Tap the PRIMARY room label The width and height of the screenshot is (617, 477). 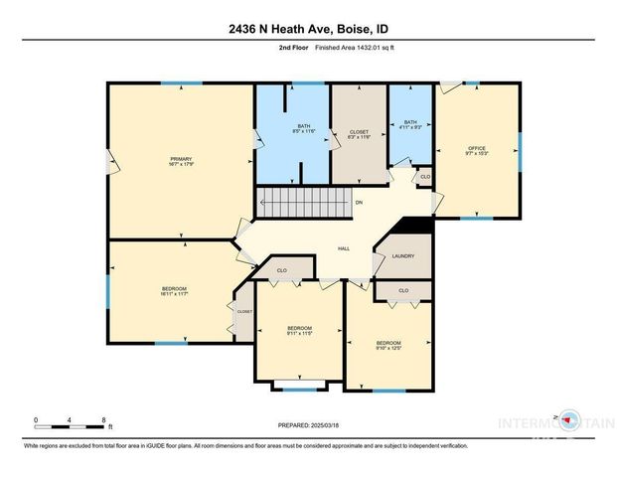[180, 161]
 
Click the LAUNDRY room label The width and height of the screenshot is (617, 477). [403, 255]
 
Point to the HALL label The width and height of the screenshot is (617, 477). [343, 248]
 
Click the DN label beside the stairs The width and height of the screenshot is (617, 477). [358, 204]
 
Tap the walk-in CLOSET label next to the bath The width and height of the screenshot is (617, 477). [359, 134]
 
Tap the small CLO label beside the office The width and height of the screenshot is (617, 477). [424, 177]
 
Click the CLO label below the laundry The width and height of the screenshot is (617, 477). [403, 290]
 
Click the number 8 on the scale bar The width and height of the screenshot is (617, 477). [103, 420]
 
